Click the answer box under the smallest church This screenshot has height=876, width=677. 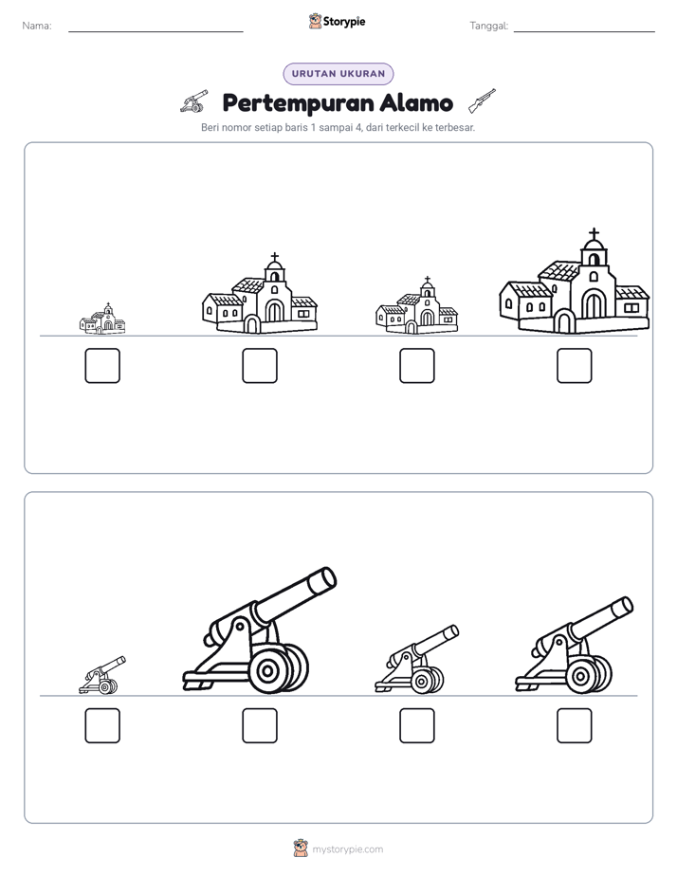pos(102,366)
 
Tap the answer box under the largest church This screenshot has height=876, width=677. pos(575,366)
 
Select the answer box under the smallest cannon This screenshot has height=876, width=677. pos(102,725)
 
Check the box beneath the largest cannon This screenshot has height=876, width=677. pos(260,725)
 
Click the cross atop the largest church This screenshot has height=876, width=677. pos(594,233)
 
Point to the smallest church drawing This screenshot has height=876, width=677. pos(102,319)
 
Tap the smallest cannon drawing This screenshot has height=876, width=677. pos(102,675)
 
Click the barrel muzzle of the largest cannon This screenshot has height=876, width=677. pos(323,578)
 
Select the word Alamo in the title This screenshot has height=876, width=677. pos(416,102)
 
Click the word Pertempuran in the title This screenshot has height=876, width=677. pos(299,104)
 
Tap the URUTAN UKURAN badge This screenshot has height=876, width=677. pos(338,74)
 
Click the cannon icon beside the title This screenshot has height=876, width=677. pos(193,101)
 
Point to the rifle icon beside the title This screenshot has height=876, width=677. pos(482,100)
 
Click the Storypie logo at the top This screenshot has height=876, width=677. pos(337,21)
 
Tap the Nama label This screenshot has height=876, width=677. pos(37,26)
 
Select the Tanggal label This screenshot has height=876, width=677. pos(488,26)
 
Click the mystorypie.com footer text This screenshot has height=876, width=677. pos(347,849)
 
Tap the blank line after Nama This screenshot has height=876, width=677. pos(156,32)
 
